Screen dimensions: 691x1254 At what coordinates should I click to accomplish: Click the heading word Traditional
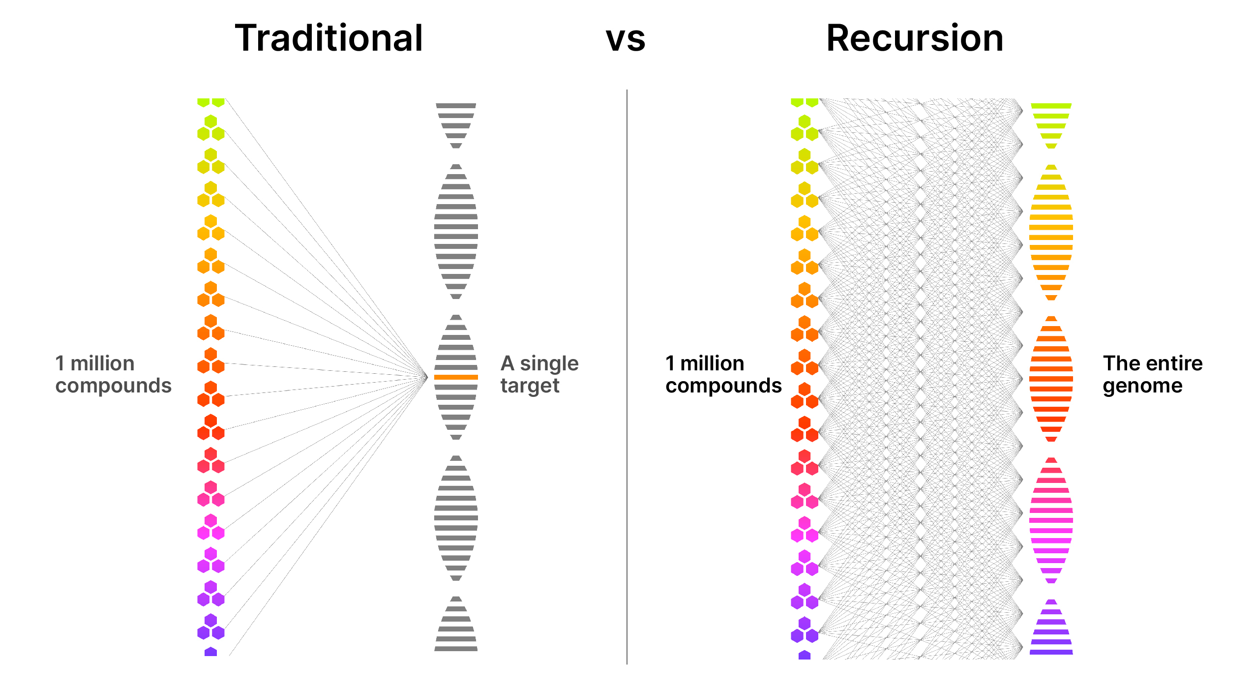[328, 38]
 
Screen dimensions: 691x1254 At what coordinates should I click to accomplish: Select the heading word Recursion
[915, 38]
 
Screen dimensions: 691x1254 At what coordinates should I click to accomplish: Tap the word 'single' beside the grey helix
[549, 364]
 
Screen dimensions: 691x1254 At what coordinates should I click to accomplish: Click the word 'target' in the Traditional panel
[530, 386]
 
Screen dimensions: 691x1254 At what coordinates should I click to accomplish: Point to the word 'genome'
[1142, 386]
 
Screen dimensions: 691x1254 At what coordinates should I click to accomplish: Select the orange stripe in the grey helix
[456, 377]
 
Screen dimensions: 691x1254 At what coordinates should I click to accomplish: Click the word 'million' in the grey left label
[102, 363]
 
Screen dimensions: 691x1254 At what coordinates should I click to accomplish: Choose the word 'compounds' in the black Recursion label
[723, 386]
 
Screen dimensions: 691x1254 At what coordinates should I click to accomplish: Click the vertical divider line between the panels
[627, 374]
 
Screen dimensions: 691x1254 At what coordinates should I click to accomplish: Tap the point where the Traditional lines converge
[427, 377]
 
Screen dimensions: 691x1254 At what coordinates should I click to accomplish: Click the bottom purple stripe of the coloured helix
[1051, 652]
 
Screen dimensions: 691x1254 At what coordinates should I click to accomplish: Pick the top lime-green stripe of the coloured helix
[1051, 106]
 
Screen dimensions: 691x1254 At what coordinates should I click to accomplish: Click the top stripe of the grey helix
[456, 106]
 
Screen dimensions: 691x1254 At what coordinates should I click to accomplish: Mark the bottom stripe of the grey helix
[456, 649]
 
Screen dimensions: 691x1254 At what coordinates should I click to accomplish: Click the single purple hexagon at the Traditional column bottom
[210, 652]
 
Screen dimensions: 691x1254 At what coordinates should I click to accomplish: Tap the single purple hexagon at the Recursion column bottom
[804, 655]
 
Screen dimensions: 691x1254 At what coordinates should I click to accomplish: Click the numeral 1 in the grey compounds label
[60, 363]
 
